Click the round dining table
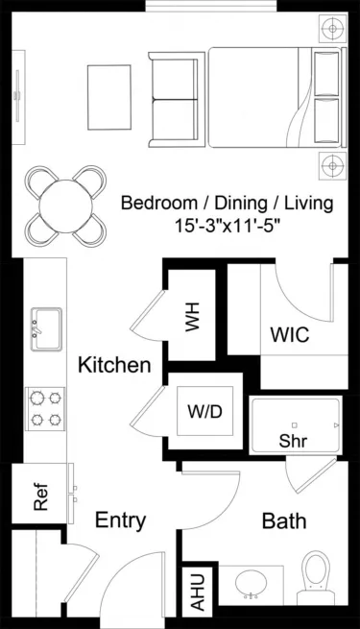(x=65, y=204)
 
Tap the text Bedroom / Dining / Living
(x=227, y=204)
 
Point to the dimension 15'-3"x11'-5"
(x=227, y=229)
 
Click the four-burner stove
(x=45, y=407)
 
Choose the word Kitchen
(x=114, y=365)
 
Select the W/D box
(x=204, y=412)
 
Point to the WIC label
(x=289, y=337)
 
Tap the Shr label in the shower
(x=293, y=441)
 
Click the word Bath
(x=284, y=521)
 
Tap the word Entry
(x=120, y=520)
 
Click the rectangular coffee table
(x=108, y=91)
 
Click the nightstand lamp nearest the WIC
(x=333, y=163)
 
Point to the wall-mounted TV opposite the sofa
(x=16, y=96)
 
